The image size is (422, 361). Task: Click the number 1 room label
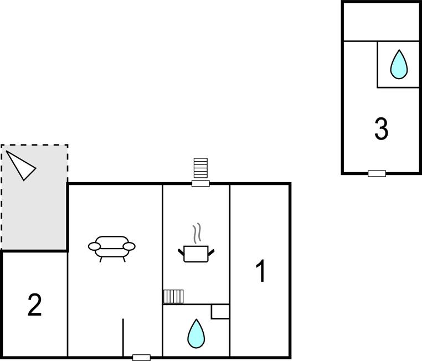(x=260, y=271)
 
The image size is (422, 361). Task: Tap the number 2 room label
(x=34, y=305)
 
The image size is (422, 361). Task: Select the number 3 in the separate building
(x=381, y=129)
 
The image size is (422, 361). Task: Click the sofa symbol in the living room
(x=112, y=247)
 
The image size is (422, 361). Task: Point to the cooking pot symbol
(x=196, y=253)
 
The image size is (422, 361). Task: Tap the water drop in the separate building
(x=399, y=64)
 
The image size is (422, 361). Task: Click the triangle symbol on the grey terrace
(x=20, y=164)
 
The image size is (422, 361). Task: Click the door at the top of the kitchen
(x=200, y=183)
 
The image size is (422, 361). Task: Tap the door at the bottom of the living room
(x=142, y=357)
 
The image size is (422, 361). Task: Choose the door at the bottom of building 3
(x=377, y=173)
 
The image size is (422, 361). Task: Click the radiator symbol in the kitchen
(x=173, y=296)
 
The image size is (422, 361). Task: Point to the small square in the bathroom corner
(x=220, y=311)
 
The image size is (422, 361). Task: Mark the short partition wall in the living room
(x=123, y=337)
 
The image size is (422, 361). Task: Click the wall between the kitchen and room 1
(x=230, y=244)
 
